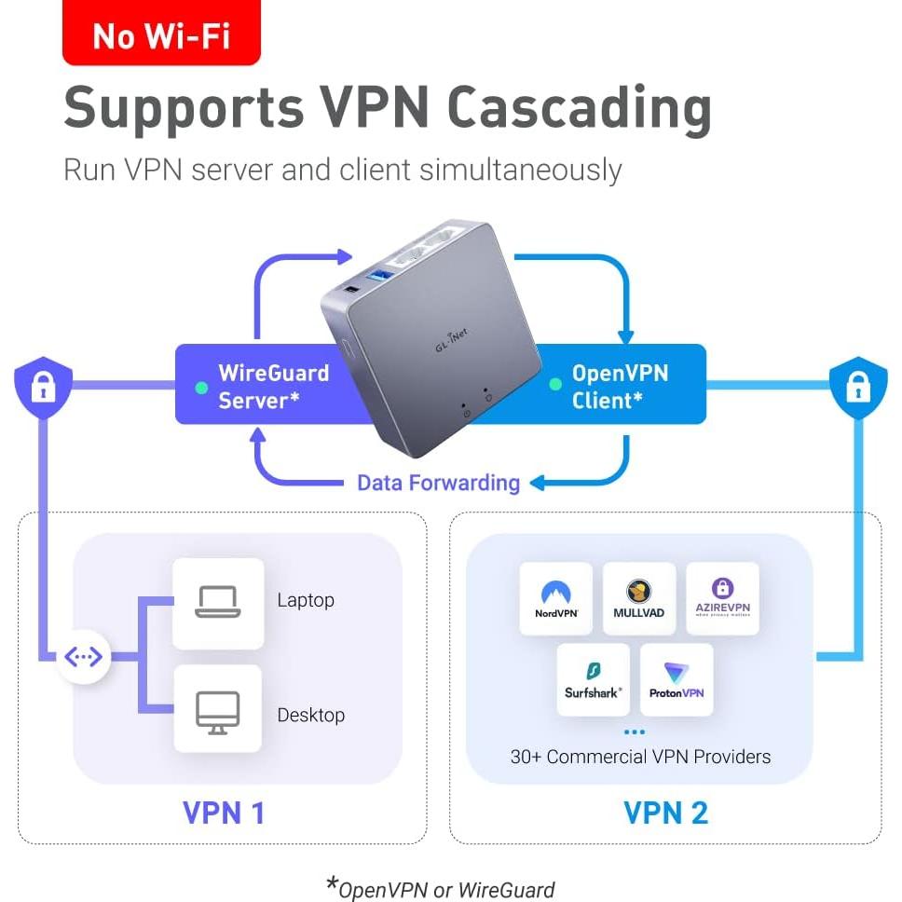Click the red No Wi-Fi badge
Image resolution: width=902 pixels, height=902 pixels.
161,35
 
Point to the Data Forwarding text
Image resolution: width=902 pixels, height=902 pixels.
438,483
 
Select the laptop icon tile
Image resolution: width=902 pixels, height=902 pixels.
218,603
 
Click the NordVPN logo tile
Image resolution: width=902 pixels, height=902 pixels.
556,599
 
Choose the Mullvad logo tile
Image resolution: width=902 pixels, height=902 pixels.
639,599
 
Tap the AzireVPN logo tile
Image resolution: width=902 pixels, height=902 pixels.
723,599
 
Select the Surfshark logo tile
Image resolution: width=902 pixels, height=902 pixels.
594,679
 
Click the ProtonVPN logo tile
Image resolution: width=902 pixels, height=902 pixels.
676,679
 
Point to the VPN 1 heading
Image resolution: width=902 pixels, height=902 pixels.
224,813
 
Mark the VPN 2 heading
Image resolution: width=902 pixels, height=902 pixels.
665,813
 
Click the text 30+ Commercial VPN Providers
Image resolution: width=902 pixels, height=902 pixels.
640,757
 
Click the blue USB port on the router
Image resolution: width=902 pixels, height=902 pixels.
381,276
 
